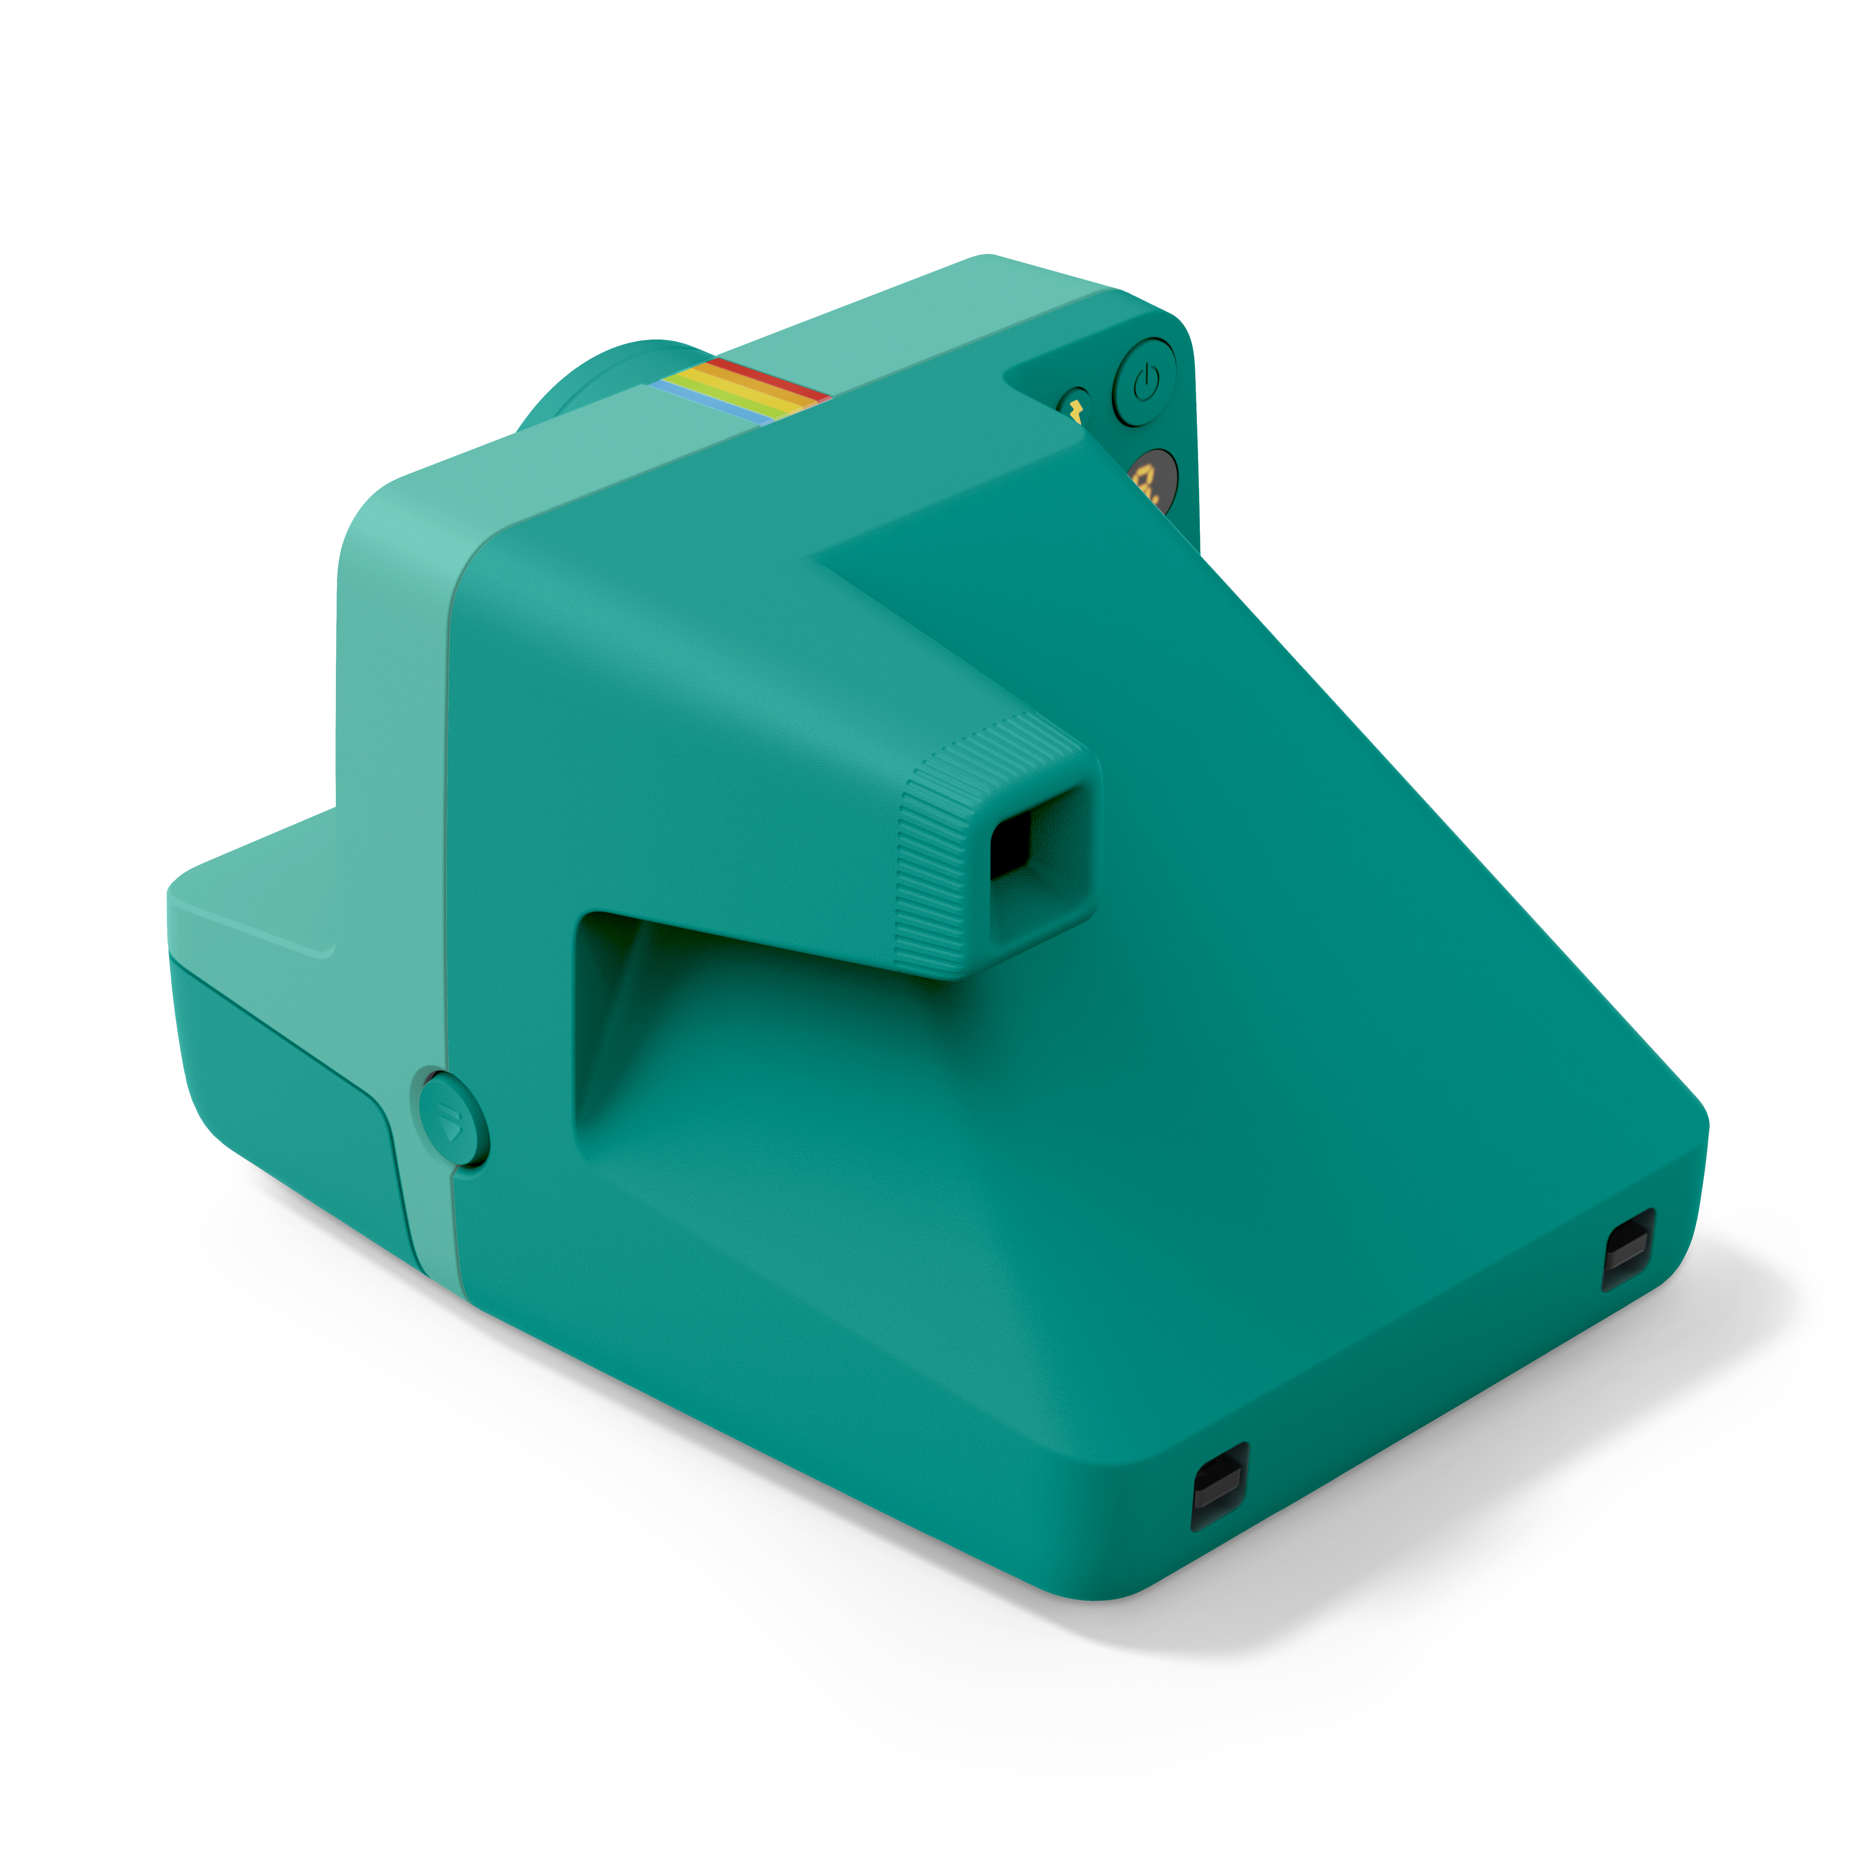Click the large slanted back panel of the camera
click(x=1307, y=968)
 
